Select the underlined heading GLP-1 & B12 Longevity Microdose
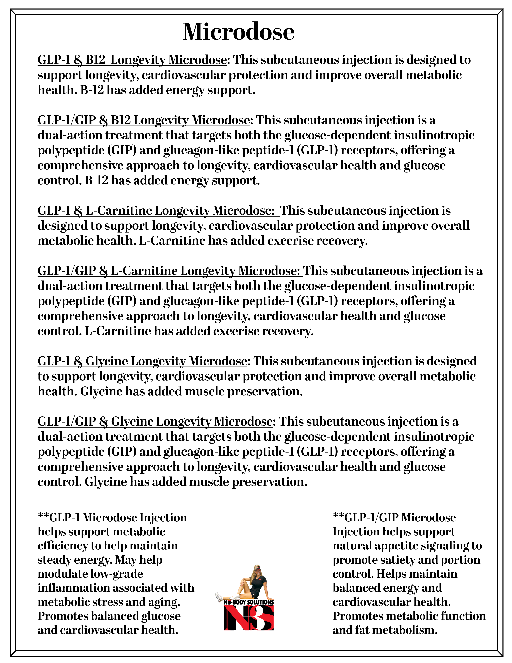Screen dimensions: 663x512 (132, 60)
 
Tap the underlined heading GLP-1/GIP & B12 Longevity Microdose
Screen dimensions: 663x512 (143, 120)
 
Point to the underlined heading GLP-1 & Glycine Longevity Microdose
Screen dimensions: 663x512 (142, 361)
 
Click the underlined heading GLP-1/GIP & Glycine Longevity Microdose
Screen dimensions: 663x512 (155, 422)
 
